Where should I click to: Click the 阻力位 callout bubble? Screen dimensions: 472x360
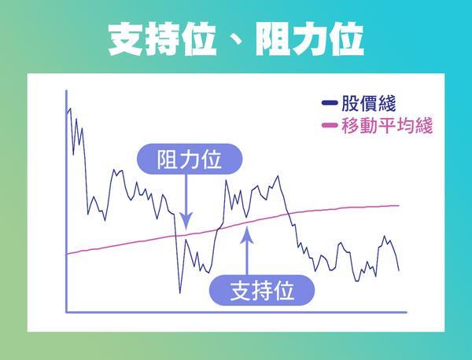190,159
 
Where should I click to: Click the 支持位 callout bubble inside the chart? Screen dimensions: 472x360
262,290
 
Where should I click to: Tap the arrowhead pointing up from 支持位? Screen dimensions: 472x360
247,235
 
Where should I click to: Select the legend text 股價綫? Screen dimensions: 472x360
368,103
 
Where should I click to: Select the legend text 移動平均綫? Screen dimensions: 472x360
387,125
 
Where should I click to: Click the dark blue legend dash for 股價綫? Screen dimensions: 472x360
330,103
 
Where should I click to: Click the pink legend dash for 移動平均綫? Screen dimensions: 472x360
330,125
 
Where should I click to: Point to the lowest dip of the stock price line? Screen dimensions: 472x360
180,292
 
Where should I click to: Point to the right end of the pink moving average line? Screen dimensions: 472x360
399,206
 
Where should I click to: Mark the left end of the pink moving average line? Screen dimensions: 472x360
67,254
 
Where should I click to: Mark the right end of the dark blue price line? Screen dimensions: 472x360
399,270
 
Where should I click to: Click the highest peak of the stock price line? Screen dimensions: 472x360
70,108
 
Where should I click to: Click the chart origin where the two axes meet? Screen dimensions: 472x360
66,313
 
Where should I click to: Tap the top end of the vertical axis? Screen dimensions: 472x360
66,90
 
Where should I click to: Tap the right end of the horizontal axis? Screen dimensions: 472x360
407,313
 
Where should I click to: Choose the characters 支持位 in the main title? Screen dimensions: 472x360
162,39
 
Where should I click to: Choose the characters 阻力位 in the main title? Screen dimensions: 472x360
310,39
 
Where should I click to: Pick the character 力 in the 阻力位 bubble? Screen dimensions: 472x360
190,159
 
